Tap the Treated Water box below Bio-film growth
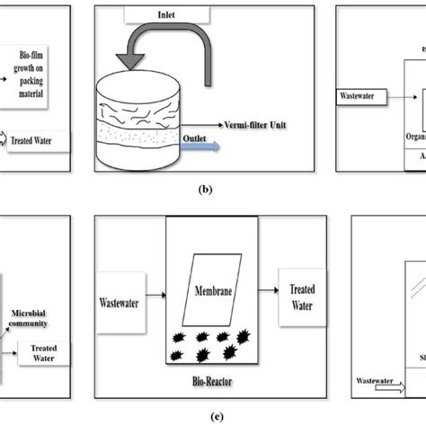click(35, 141)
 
